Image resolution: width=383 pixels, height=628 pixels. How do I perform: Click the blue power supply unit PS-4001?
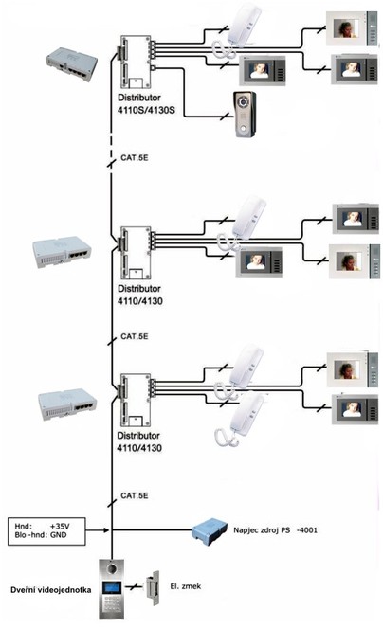pos(210,531)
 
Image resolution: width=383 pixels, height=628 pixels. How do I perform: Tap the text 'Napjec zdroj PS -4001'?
pos(275,530)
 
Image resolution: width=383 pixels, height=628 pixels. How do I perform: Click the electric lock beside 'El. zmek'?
pos(152,587)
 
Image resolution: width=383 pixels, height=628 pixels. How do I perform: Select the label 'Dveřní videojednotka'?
pos(50,590)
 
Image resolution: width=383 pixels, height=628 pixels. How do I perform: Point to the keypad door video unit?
pos(112,589)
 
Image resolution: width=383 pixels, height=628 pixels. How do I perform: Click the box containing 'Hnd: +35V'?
pos(46,531)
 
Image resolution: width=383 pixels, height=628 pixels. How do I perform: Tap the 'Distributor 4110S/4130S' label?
pos(146,104)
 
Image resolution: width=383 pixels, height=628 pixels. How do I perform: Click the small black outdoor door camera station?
pos(245,115)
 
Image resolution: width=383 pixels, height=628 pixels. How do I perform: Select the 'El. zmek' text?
pos(185,586)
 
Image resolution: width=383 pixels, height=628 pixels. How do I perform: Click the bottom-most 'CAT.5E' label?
pos(135,495)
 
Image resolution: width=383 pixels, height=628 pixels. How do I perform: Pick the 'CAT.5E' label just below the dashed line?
pos(135,158)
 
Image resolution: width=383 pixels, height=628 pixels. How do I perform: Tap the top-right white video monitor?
pos(352,28)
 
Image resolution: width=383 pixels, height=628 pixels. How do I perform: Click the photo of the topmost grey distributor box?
pos(71,63)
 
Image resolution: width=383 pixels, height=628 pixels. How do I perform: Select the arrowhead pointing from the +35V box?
pos(106,530)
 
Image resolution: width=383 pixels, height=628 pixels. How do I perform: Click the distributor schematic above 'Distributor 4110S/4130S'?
pos(136,63)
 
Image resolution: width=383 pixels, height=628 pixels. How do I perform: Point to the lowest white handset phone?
pos(240,419)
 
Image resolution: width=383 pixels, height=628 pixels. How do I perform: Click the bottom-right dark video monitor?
pos(355,409)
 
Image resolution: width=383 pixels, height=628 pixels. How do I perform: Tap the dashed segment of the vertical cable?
pos(111,140)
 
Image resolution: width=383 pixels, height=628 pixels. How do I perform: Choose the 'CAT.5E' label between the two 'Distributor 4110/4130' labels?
pos(135,336)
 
